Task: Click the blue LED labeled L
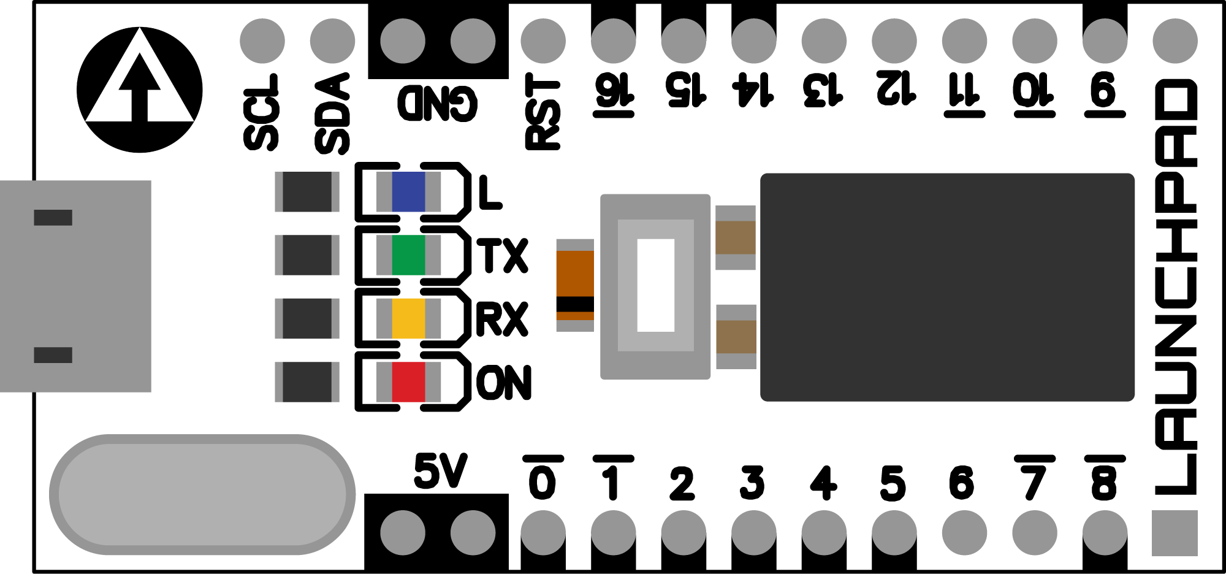408,191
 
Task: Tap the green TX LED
408,255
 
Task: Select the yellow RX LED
408,318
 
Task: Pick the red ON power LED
408,382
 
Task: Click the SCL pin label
262,112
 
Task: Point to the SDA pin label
332,114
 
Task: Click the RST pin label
543,112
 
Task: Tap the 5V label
440,471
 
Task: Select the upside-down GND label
437,103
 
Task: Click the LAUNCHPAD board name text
1176,287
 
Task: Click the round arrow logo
140,90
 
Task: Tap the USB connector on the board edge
75,286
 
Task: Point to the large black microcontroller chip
947,287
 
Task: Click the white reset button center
655,285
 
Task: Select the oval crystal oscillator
202,494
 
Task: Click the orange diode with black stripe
575,285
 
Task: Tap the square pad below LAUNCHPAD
1175,533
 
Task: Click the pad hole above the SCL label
262,41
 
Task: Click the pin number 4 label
823,483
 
